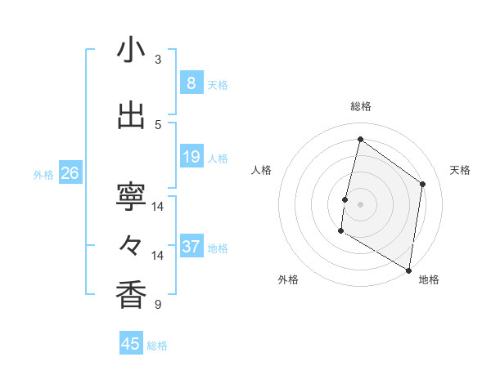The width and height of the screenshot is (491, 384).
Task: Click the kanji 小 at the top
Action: (x=131, y=50)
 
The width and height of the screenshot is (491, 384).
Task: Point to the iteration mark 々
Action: (x=131, y=245)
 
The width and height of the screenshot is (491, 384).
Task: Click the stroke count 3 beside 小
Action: (x=158, y=59)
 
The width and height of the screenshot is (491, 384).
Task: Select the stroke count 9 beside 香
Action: (x=158, y=305)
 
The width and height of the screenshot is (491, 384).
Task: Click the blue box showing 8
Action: (x=191, y=83)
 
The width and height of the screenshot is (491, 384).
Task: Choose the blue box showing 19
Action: (x=191, y=157)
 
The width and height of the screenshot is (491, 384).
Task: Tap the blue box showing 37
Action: (x=191, y=247)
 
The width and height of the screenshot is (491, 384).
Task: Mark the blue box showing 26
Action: (x=70, y=172)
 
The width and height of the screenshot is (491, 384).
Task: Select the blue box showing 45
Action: (x=131, y=344)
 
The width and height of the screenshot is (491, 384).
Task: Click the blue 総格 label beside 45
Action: (x=157, y=346)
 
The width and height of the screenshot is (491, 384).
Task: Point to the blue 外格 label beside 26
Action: (x=43, y=174)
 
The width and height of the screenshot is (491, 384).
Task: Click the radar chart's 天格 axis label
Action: (x=460, y=170)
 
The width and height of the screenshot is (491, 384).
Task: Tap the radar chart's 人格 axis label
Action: (x=261, y=170)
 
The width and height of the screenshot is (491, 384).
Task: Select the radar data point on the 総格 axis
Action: (x=360, y=140)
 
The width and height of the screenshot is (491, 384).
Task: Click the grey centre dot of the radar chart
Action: (x=360, y=204)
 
